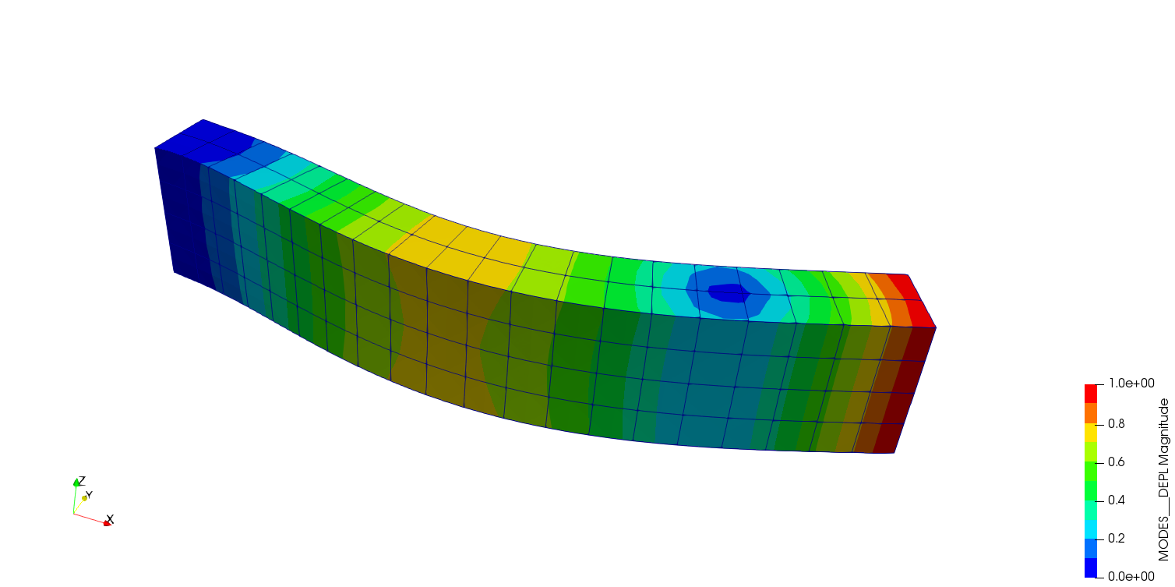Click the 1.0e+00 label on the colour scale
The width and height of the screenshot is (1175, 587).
coord(1131,384)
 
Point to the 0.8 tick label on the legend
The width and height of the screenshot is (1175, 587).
coord(1117,424)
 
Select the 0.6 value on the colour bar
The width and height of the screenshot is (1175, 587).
coord(1117,462)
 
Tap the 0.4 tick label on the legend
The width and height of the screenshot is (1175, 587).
coord(1117,500)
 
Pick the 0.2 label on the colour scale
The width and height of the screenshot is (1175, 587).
coord(1117,539)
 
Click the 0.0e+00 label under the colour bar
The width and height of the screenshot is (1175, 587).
coord(1131,577)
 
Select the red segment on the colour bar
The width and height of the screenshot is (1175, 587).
coord(1091,394)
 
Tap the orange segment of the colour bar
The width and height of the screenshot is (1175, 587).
coord(1091,413)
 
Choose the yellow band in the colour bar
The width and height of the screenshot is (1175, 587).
coord(1091,432)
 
